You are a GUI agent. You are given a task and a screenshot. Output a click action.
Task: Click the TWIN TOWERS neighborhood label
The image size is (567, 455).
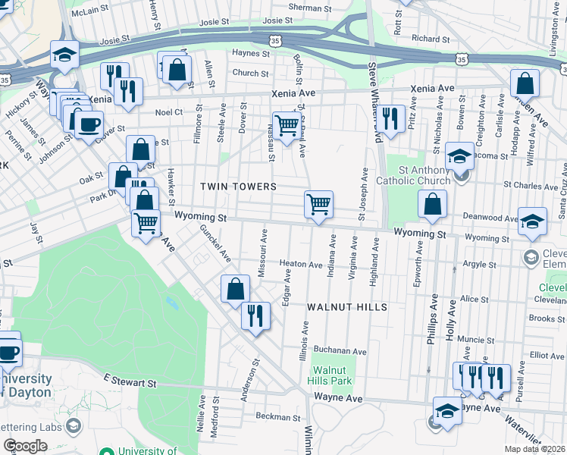[x=238, y=186]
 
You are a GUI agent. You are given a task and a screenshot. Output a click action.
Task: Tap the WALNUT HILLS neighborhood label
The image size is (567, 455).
[x=347, y=307]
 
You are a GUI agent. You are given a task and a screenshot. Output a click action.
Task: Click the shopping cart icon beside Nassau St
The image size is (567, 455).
[x=286, y=126]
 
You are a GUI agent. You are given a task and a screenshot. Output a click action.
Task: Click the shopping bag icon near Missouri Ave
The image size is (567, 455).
[x=235, y=288]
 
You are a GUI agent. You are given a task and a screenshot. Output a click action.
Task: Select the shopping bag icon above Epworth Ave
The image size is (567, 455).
[x=431, y=205]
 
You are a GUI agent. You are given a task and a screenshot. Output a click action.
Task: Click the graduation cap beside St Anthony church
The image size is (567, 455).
[x=459, y=156]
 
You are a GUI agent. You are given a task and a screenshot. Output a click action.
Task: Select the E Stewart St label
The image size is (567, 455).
[x=130, y=381]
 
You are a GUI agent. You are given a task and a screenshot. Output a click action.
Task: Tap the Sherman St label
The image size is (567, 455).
[x=305, y=7]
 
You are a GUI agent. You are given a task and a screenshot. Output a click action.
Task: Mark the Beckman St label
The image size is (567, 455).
[x=274, y=416]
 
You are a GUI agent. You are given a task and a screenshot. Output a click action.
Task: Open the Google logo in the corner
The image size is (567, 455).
[x=25, y=446]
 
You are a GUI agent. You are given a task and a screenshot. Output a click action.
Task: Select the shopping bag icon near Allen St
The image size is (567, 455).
[x=177, y=70]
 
